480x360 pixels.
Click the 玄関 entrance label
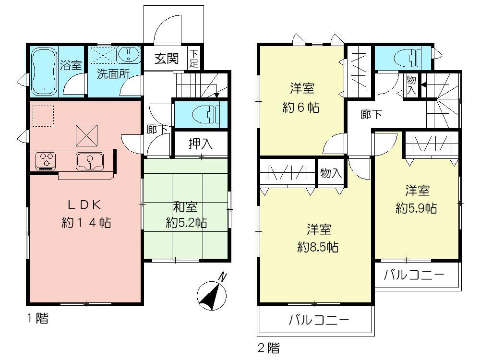coord(167,59)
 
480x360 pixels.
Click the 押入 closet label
coord(200,144)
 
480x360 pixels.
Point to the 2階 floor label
coord(269,347)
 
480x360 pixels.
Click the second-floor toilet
coord(406,59)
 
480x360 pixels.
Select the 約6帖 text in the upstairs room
coord(301,107)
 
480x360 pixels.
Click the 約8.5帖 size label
coord(318,247)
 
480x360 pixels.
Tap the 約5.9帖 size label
coord(416,208)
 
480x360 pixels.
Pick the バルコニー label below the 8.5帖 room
coord(318,320)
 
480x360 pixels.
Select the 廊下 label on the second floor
coord(372,114)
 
